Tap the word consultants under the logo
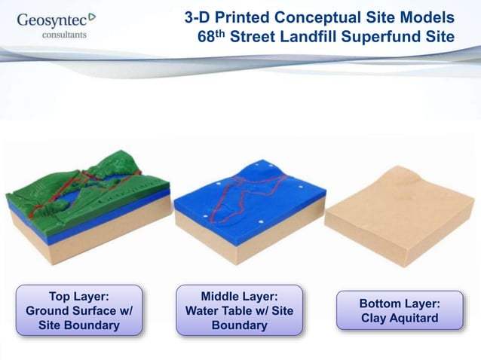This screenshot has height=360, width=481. pyautogui.click(x=64, y=35)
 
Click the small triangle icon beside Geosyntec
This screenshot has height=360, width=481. pyautogui.click(x=92, y=15)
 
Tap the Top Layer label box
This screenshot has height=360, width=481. pyautogui.click(x=79, y=310)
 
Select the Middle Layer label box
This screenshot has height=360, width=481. pyautogui.click(x=239, y=310)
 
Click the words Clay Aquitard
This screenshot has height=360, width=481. pyautogui.click(x=400, y=319)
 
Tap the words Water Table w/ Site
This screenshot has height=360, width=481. pyautogui.click(x=239, y=310)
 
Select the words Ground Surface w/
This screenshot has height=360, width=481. pyautogui.click(x=79, y=310)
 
